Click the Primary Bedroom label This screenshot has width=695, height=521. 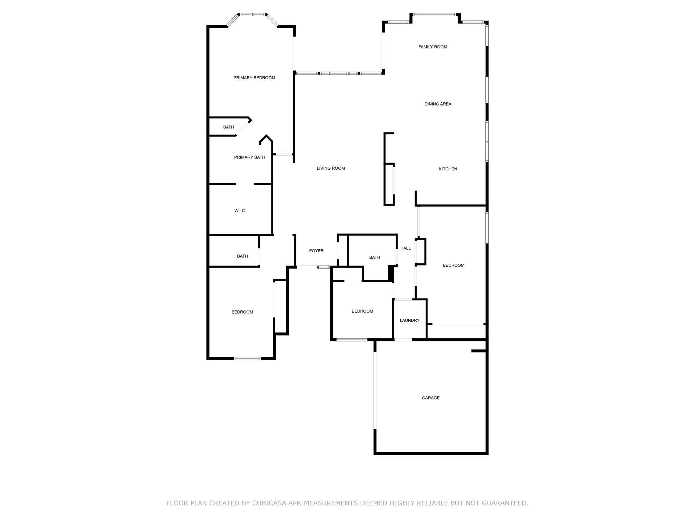[254, 78]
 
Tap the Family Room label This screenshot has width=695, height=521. [433, 47]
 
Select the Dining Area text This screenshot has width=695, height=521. [438, 104]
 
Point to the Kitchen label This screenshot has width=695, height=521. [448, 169]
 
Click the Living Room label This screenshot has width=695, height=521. [330, 168]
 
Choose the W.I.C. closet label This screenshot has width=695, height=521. [240, 211]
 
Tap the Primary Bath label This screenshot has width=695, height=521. [249, 157]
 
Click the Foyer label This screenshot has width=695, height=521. [316, 251]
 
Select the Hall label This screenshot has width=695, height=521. [405, 248]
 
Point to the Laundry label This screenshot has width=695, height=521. [409, 321]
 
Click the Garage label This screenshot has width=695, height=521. [430, 398]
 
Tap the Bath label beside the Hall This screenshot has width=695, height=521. [375, 257]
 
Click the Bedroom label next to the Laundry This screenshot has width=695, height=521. [362, 311]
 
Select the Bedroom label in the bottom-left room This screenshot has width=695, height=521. [242, 312]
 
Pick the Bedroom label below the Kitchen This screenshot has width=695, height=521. [453, 265]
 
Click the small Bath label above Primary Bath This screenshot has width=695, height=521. [228, 127]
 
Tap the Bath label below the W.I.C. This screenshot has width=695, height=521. [242, 256]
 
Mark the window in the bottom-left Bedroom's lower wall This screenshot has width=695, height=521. [247, 359]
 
